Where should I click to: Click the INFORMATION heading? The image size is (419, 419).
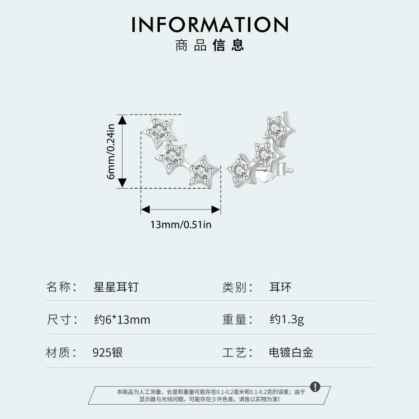pos(209,25)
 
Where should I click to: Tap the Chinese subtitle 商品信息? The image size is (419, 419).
pos(209,45)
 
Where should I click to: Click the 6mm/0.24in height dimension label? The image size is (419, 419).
pos(111,151)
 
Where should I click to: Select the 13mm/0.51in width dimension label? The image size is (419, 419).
pos(181,225)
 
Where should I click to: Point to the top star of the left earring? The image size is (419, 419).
pos(160,131)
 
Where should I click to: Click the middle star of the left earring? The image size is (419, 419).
pos(172,158)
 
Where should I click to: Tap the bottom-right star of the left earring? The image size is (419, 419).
pos(203,170)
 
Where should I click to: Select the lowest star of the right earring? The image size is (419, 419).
pos(240,170)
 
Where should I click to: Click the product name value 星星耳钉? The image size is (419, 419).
pos(116,287)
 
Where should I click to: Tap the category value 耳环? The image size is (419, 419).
pos(280,287)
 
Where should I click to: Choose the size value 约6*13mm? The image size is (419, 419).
pos(122,320)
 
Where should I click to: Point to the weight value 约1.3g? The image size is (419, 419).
pos(287,320)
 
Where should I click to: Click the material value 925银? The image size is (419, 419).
pos(108,353)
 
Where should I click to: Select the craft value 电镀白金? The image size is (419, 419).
pos(291,353)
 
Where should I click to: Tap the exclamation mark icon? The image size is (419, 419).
pos(315,387)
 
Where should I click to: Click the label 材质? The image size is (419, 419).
pos(58,353)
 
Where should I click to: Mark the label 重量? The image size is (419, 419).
pos(234,320)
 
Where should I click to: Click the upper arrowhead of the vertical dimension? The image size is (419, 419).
pos(122,120)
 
